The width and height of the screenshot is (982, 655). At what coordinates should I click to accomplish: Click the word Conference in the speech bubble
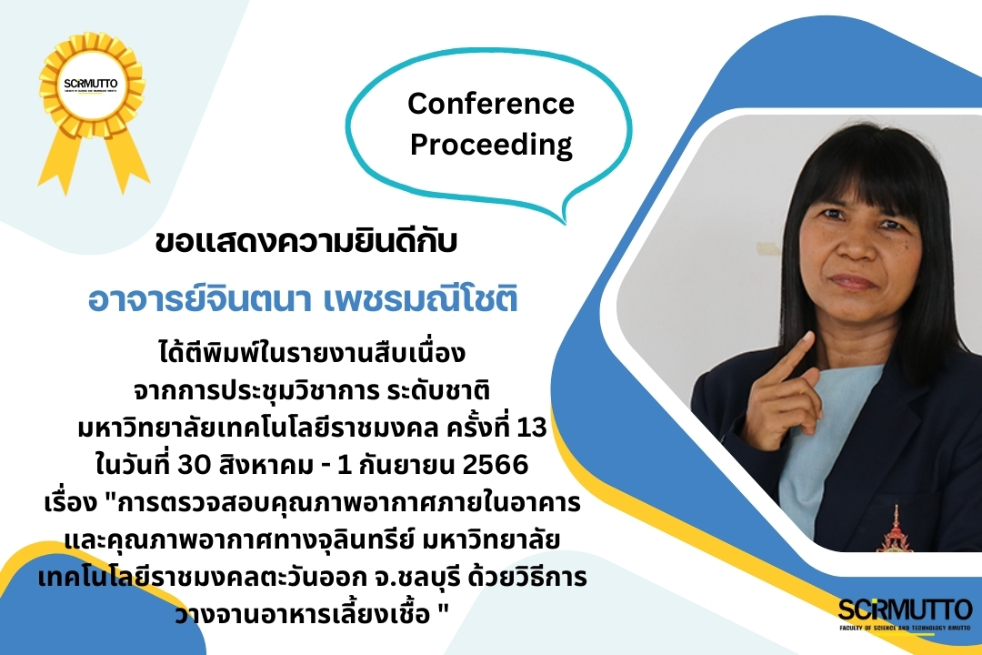(491, 104)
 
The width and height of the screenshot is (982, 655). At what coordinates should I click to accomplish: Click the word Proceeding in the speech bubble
(491, 145)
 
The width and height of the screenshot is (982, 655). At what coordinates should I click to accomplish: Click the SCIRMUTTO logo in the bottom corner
(906, 614)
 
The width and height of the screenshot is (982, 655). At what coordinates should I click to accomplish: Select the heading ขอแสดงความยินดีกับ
(306, 242)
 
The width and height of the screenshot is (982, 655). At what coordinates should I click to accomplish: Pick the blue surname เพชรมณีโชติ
(421, 299)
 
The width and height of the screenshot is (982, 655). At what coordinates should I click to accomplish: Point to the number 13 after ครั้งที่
(532, 428)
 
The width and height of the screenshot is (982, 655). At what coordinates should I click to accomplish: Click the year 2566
(495, 465)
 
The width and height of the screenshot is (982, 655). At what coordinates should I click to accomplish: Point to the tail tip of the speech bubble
(565, 223)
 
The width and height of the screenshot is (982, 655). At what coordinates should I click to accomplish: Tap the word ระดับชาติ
(438, 390)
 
